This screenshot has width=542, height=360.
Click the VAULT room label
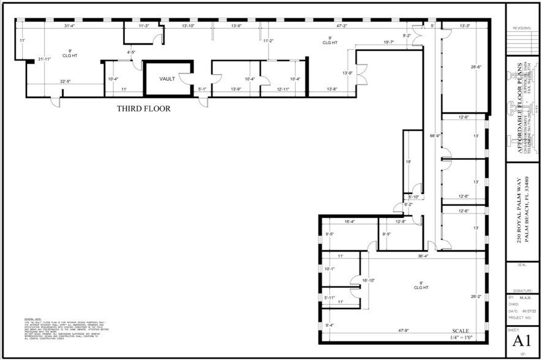point(168,79)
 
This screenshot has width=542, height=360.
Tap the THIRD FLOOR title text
point(143,109)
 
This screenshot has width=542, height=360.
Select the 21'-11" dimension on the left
point(43,59)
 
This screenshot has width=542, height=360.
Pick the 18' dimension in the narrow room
point(408,162)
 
